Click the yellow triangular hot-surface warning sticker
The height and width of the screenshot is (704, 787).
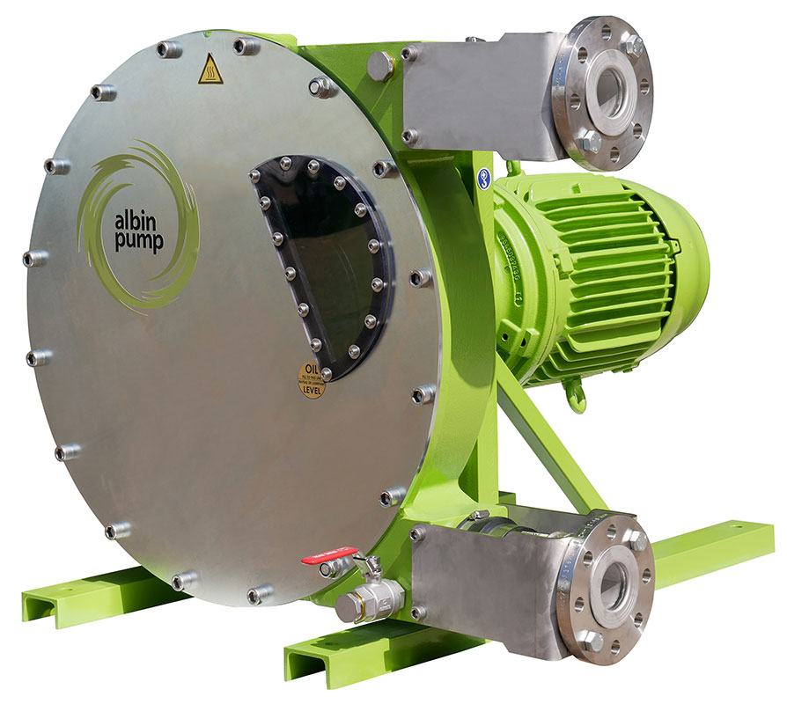click(x=210, y=69)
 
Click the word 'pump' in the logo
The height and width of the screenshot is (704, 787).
click(x=137, y=243)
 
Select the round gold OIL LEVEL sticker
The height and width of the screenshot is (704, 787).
click(x=311, y=380)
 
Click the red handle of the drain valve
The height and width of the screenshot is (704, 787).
click(x=328, y=554)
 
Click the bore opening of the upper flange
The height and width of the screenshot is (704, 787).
click(x=610, y=91)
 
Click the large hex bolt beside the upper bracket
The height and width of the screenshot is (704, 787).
click(x=379, y=66)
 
